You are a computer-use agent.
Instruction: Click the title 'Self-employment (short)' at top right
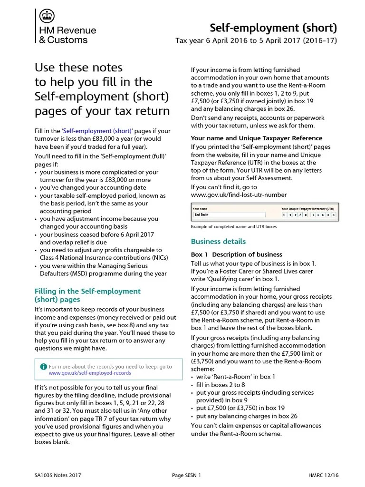273,27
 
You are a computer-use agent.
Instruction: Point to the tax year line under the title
256,40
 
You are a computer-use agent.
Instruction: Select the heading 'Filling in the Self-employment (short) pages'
88,295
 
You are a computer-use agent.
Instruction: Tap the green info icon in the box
44,367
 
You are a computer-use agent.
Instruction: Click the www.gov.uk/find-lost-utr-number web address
239,195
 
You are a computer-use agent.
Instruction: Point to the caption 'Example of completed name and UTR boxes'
233,227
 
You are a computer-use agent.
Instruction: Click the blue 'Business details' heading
218,242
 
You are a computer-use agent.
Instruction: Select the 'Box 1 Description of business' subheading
236,254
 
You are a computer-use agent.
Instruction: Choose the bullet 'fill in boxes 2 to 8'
221,385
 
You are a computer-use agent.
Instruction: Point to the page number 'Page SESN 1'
186,475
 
